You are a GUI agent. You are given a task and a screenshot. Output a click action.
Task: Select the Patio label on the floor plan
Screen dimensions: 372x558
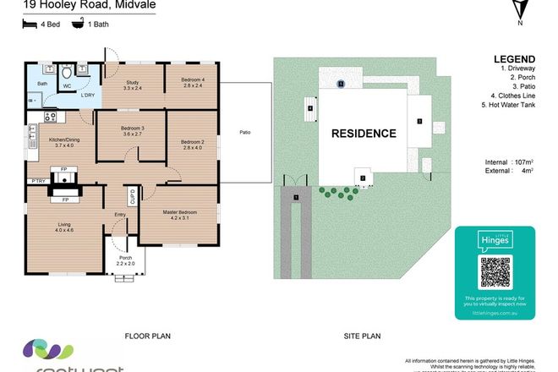[x=245, y=133]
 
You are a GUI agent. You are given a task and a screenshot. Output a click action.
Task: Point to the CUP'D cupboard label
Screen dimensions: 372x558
[x=132, y=197]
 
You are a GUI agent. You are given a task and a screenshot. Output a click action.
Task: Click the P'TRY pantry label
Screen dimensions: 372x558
[x=37, y=182]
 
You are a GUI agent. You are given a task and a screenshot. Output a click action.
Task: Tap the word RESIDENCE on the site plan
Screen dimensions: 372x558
[x=363, y=134]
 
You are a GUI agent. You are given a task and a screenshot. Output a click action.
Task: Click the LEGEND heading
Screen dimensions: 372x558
[x=511, y=60]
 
